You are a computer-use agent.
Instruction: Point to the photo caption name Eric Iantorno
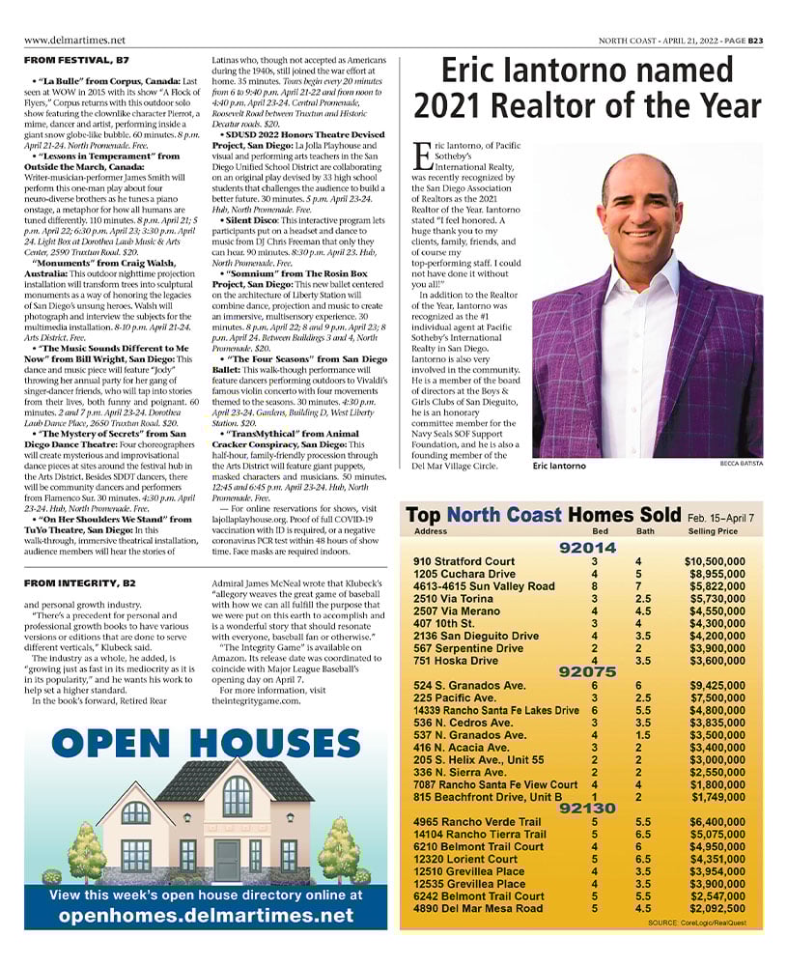tap(559, 466)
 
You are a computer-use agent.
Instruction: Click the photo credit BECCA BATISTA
tap(741, 464)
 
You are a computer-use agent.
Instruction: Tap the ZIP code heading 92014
tap(588, 548)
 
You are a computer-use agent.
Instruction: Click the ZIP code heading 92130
tap(587, 808)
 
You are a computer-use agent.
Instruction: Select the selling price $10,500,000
tap(715, 561)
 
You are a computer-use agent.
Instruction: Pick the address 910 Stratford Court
tap(464, 561)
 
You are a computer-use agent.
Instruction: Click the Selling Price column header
tap(713, 531)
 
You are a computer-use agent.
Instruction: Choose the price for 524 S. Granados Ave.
tap(717, 686)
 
